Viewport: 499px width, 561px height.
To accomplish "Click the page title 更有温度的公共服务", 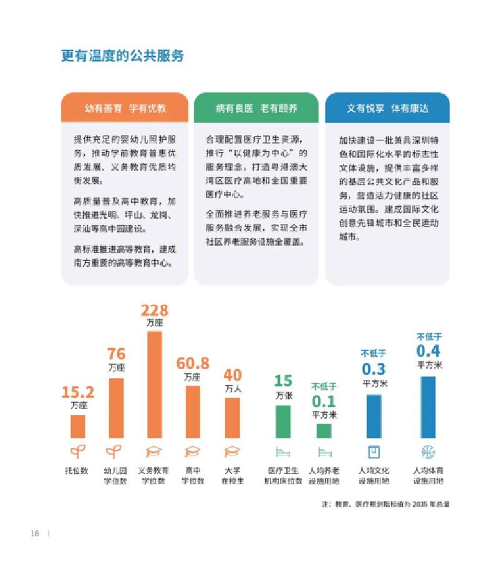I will [x=122, y=55].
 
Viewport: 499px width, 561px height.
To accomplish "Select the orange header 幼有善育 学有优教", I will [x=125, y=108].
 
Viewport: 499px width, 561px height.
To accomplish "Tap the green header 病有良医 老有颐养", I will [x=256, y=108].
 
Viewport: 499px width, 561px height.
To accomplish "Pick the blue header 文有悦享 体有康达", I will [x=387, y=108].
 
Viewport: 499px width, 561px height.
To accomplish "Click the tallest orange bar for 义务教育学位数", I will [x=154, y=384].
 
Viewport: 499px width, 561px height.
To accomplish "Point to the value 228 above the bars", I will [x=154, y=310].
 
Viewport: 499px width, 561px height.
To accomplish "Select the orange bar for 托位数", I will [x=78, y=426].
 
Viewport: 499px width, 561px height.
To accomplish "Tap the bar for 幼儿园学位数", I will [x=116, y=408].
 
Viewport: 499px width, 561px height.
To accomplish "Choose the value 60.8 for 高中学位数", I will [x=193, y=363].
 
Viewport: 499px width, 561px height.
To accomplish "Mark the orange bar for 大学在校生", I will [x=232, y=417].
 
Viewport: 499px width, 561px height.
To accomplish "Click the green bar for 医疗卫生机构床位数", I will [x=283, y=422].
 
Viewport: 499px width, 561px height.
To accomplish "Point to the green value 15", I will [x=283, y=380].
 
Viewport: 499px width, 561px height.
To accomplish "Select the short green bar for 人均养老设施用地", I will [x=324, y=431].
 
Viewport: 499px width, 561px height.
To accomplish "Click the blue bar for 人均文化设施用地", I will [x=374, y=416].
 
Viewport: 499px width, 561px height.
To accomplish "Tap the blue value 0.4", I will [x=428, y=350].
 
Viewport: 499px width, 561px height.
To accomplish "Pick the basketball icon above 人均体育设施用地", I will [x=428, y=452].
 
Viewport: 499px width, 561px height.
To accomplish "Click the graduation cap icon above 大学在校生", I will [x=232, y=452].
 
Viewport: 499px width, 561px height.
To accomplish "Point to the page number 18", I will [x=35, y=533].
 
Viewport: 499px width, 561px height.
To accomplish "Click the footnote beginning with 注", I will [x=385, y=504].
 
